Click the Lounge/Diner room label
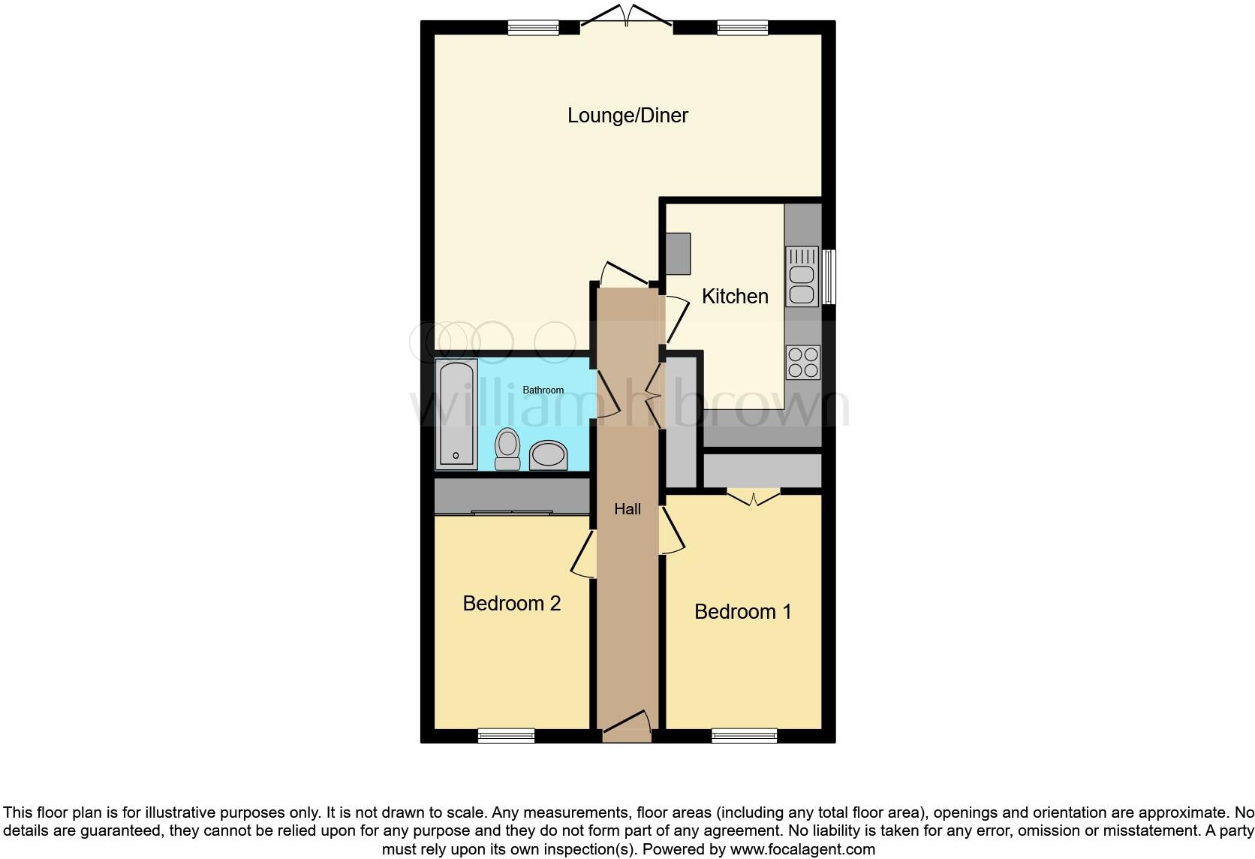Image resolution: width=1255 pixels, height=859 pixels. [x=627, y=116]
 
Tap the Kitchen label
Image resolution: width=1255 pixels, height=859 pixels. [x=735, y=297]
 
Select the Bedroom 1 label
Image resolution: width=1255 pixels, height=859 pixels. [x=742, y=612]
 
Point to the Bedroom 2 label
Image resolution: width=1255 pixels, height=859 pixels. [x=511, y=604]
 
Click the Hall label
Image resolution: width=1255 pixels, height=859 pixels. [x=627, y=509]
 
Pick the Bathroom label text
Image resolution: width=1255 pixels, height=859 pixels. [x=543, y=390]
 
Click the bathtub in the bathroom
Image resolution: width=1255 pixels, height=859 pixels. [x=456, y=414]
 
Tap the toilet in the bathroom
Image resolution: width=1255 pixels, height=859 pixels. [x=508, y=448]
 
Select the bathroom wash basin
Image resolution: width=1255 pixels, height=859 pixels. [x=548, y=455]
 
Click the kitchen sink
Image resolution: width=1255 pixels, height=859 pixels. [x=802, y=276]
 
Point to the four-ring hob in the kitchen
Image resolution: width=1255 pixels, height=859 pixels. [x=802, y=362]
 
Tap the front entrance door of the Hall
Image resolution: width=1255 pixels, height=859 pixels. [x=627, y=724]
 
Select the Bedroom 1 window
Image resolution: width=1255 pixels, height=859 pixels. [x=744, y=735]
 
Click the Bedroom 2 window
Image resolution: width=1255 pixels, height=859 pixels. [x=506, y=735]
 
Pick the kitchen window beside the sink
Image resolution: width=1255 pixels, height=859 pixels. [x=829, y=276]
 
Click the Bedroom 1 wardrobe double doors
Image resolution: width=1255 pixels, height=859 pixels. [x=754, y=497]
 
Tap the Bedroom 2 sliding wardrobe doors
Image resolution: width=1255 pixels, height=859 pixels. [x=512, y=513]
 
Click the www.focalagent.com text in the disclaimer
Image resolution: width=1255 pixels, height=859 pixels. [x=802, y=850]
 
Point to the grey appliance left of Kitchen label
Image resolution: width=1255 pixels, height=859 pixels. [x=678, y=254]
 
